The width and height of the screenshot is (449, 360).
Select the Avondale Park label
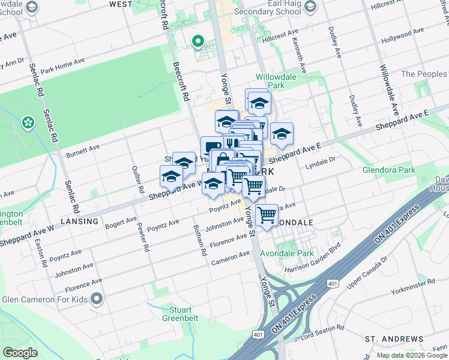tap(294, 253)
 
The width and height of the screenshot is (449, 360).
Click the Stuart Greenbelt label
tap(180, 314)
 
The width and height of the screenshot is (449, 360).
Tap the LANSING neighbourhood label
tap(80, 221)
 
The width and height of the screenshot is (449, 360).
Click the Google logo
tap(20, 353)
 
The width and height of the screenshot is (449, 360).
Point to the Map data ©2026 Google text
tap(411, 355)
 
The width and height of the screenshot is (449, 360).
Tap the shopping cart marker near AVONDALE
tap(267, 214)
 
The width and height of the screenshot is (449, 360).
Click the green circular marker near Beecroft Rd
tap(197, 41)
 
